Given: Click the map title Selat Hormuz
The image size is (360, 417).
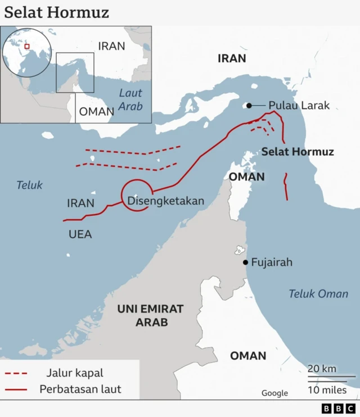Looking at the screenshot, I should (x=57, y=12).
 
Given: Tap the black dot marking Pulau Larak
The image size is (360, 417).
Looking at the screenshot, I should (x=248, y=105).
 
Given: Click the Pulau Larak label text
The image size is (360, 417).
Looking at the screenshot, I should (x=299, y=105).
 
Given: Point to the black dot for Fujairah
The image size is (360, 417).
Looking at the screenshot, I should (x=245, y=262).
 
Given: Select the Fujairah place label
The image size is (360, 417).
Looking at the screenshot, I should (x=272, y=262).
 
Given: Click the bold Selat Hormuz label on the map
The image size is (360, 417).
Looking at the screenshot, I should (x=298, y=152).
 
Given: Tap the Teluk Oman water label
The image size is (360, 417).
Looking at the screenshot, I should (x=318, y=293).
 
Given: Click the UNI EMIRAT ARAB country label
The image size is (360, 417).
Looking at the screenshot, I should (x=151, y=315).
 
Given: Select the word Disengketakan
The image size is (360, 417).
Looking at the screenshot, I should (x=165, y=201).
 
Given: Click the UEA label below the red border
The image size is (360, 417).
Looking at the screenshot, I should (x=80, y=234).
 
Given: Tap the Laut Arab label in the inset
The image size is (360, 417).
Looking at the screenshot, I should (x=130, y=99).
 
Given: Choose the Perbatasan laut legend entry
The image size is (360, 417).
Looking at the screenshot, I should (x=80, y=389).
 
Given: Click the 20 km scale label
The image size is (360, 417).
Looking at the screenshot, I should (x=322, y=369).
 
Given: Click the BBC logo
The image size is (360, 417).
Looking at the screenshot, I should (x=339, y=409).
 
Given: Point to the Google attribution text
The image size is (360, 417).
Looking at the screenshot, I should (x=274, y=393).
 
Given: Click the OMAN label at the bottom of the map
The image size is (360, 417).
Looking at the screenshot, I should (x=248, y=356).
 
